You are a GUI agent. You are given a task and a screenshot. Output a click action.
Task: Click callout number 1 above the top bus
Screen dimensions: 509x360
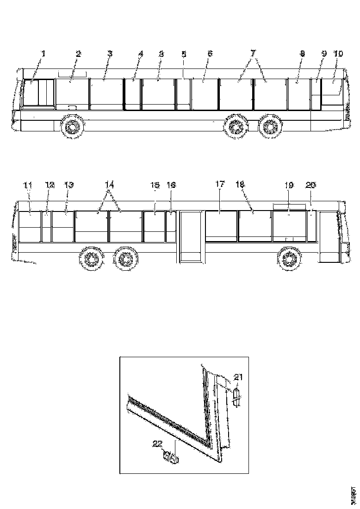(43, 54)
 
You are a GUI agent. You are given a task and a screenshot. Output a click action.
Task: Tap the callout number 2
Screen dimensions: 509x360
(78, 54)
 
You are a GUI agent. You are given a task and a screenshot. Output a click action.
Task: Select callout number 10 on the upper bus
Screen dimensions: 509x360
(338, 54)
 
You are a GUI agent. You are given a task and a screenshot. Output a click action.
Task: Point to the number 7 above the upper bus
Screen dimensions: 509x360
(253, 54)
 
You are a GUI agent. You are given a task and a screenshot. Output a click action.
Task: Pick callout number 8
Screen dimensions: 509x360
(302, 54)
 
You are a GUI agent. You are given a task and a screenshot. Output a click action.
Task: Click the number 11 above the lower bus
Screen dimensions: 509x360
(28, 185)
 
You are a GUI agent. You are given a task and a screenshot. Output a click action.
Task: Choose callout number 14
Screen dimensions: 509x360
(109, 185)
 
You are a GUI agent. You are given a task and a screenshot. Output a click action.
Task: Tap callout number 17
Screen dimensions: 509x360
(219, 185)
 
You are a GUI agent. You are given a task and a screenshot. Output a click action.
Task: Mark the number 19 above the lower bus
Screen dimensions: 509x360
(289, 185)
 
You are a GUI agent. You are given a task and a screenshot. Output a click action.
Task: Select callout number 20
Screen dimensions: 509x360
(311, 185)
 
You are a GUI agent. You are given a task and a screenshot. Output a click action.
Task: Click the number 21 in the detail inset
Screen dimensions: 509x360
(238, 377)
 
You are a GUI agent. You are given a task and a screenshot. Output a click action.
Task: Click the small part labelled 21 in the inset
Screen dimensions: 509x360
(236, 397)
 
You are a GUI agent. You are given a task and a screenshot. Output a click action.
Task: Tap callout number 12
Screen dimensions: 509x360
(50, 185)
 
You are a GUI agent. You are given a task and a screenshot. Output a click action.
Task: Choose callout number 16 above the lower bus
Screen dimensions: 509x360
(171, 185)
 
